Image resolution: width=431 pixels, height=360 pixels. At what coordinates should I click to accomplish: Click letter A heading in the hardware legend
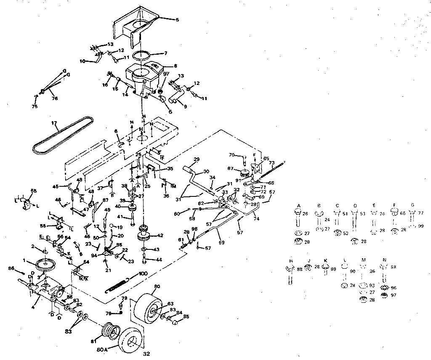[x=298, y=206]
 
